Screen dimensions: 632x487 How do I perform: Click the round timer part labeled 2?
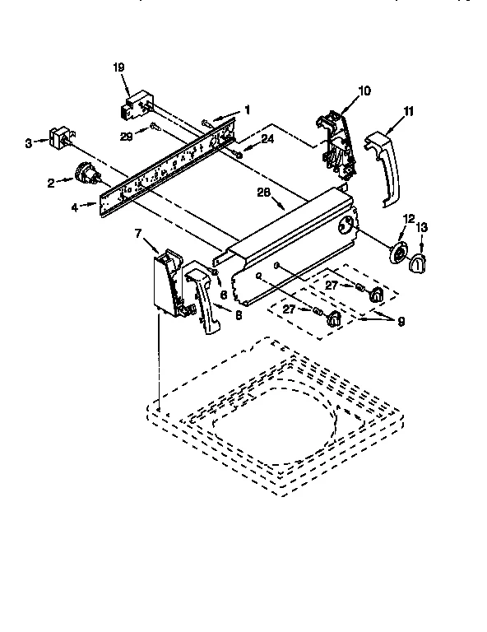(83, 174)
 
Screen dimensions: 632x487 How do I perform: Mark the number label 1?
(246, 109)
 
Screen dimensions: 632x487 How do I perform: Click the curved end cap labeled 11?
(383, 165)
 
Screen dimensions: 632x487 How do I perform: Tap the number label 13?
(421, 228)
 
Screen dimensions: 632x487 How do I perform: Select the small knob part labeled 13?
(419, 263)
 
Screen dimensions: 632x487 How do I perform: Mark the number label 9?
(401, 322)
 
